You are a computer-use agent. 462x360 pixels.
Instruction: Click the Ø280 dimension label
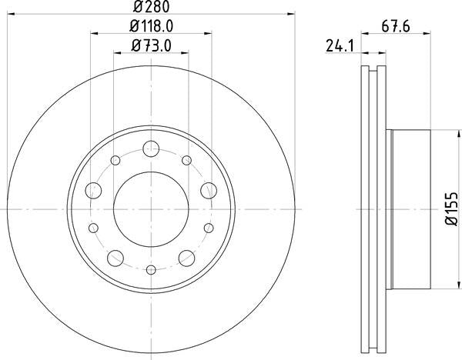[x=151, y=8]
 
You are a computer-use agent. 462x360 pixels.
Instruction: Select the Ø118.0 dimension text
[x=151, y=27]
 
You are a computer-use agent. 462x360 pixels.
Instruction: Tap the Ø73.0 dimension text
[x=151, y=45]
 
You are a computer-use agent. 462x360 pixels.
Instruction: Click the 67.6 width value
[x=397, y=25]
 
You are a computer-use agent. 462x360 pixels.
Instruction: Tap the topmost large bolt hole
[x=151, y=151]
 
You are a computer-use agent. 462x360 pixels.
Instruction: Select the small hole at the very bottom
[x=151, y=268]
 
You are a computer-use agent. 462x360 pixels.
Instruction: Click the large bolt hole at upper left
[x=95, y=189]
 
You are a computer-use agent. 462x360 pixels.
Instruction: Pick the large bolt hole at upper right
[x=207, y=189]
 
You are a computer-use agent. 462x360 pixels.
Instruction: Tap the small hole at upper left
[x=115, y=160]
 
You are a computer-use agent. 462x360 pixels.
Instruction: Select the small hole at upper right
[x=186, y=160]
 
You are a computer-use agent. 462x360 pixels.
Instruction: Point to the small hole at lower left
[x=94, y=228]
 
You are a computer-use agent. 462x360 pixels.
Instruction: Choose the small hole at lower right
[x=208, y=228]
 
